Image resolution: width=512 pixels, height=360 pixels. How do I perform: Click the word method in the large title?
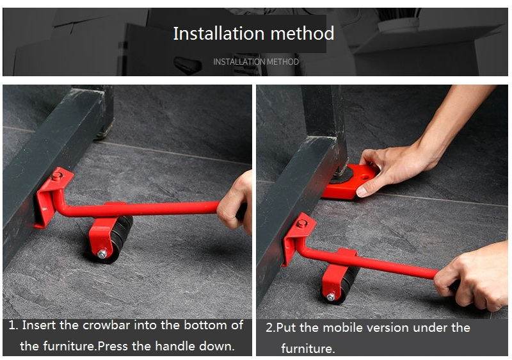coord(302,33)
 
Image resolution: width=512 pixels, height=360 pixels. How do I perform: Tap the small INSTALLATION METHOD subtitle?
coord(255,62)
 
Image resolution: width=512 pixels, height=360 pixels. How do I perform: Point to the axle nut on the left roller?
coord(102,254)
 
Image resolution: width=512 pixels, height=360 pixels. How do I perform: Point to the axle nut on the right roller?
coord(331,297)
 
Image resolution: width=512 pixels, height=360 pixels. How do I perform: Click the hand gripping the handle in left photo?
coord(236,202)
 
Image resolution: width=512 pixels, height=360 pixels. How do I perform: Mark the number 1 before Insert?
coord(12,325)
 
